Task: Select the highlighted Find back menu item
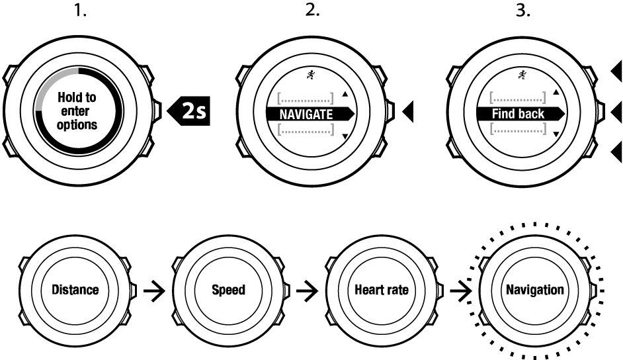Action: pos(519,114)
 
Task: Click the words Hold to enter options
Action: pos(77,111)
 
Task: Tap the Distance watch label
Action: pos(75,290)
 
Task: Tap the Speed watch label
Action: pos(229,290)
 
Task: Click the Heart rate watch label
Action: pos(382,290)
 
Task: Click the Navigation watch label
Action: pos(535,290)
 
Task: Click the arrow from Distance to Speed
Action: pos(153,290)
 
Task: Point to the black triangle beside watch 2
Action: pos(408,111)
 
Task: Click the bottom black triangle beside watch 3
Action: pos(617,152)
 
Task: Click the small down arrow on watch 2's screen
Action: pos(345,136)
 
